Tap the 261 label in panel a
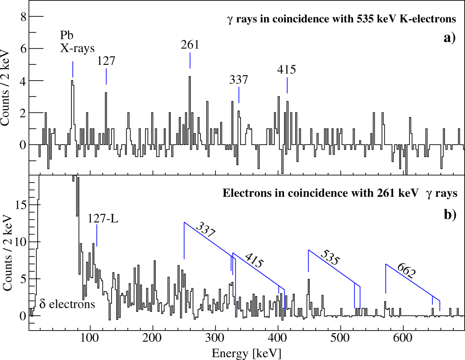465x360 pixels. (x=190, y=45)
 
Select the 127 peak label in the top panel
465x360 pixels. (x=106, y=61)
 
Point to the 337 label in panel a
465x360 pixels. (x=238, y=80)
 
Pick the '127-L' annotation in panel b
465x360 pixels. (x=103, y=218)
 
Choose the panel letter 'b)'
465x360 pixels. (x=449, y=215)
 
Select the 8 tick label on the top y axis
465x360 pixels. (x=21, y=17)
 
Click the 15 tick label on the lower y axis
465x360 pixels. (x=18, y=205)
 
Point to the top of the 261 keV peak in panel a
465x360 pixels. (x=189, y=77)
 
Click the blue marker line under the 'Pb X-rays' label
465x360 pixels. (x=73, y=69)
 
